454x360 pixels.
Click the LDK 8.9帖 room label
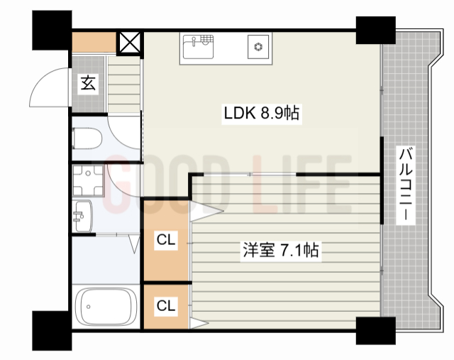[262, 113]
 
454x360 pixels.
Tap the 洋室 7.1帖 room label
[279, 250]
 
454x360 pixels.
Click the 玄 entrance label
[87, 84]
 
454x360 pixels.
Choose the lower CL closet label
[166, 306]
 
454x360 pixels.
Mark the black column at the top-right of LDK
[375, 29]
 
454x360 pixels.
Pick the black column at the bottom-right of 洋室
[375, 331]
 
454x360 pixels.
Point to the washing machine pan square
[88, 179]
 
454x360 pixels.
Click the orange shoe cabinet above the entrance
[94, 42]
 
